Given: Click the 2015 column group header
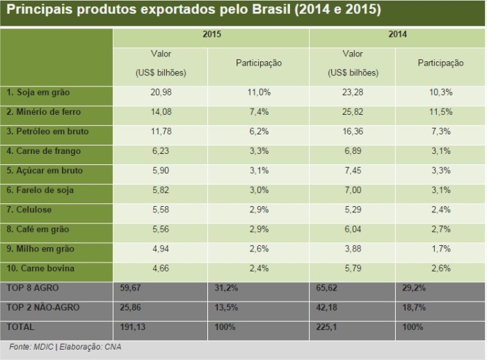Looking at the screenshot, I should click(212, 33).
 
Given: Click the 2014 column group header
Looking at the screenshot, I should click(398, 33).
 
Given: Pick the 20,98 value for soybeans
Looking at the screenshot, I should click(161, 92).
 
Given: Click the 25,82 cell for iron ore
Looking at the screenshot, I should click(353, 111).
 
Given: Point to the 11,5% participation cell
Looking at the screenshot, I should click(440, 111).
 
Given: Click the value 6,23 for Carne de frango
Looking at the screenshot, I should click(161, 150).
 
